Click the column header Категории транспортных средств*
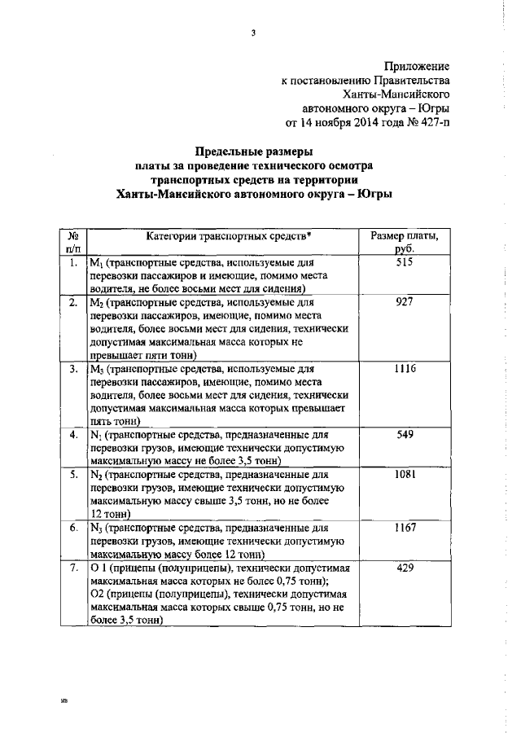[x=229, y=235]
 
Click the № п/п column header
[x=72, y=242]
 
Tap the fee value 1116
[x=405, y=369]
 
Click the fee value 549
[x=405, y=435]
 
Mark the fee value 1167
[x=405, y=528]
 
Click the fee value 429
[x=405, y=568]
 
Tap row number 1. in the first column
[x=72, y=263]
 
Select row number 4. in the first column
[x=72, y=435]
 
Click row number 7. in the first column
[x=72, y=568]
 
